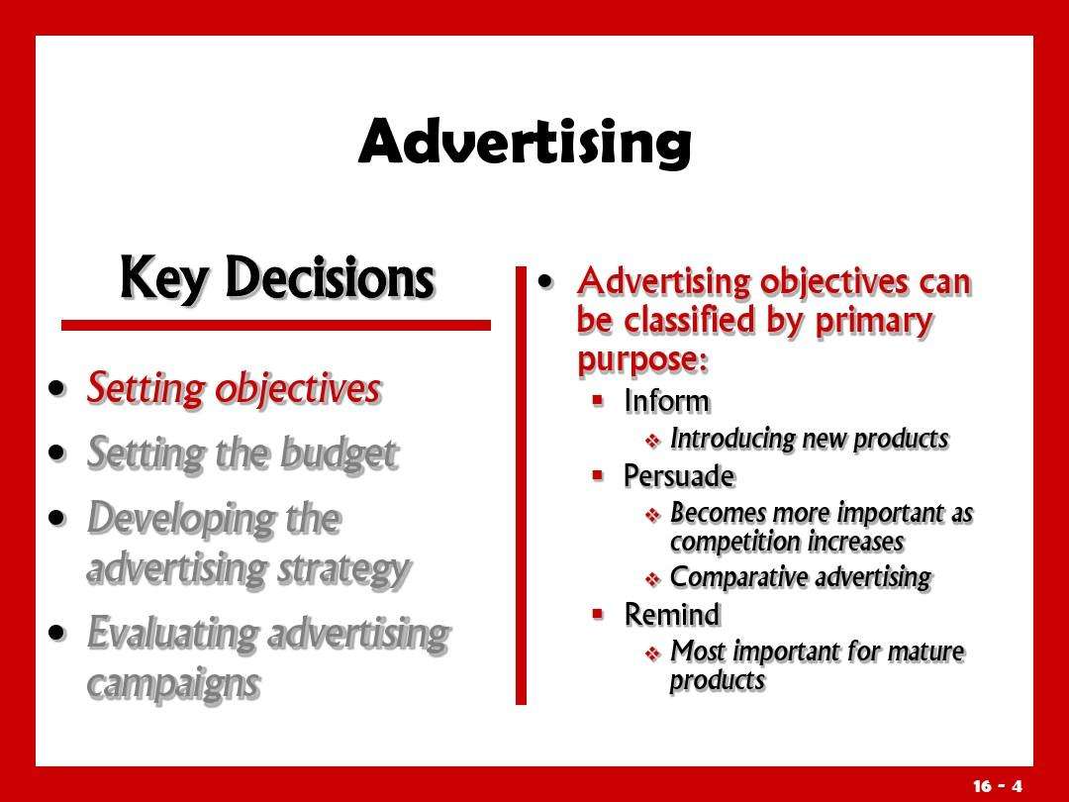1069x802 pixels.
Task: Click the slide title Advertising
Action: (525, 142)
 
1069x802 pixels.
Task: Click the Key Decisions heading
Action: (277, 278)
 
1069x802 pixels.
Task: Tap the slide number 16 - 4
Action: (998, 785)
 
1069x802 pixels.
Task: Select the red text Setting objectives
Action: (234, 389)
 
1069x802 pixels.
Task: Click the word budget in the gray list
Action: (339, 453)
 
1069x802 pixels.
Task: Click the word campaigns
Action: (174, 684)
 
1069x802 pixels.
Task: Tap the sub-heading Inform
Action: (667, 401)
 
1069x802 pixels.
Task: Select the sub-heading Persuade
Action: (679, 476)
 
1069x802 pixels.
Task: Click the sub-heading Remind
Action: (672, 615)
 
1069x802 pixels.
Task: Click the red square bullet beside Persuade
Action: (598, 475)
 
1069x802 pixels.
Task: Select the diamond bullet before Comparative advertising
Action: (653, 579)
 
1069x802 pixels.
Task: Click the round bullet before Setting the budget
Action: (58, 453)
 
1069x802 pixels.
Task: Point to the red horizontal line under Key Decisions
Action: (276, 326)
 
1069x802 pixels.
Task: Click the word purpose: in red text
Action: (643, 359)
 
